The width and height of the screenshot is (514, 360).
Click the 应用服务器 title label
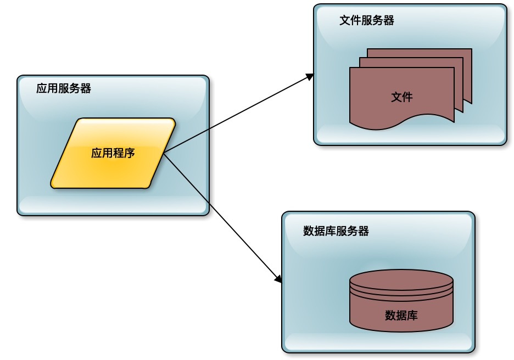[x=64, y=88]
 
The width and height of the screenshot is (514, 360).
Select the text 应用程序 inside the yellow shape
[x=113, y=153]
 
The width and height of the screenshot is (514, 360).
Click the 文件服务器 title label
[x=367, y=21]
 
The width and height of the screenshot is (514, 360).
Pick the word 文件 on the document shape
[x=402, y=97]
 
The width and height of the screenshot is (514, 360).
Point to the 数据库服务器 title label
[x=336, y=231]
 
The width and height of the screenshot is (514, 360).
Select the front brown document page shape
[x=384, y=88]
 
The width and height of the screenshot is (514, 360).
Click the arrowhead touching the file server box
[x=310, y=76]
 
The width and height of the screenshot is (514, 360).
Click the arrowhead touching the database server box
[x=278, y=279]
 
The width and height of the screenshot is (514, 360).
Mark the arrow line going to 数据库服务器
[x=220, y=215]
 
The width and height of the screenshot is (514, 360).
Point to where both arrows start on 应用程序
[x=164, y=153]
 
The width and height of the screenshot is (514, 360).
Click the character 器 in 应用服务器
[x=86, y=88]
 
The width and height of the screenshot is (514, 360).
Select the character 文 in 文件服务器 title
[x=345, y=21]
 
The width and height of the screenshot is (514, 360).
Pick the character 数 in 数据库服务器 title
[x=309, y=231]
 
